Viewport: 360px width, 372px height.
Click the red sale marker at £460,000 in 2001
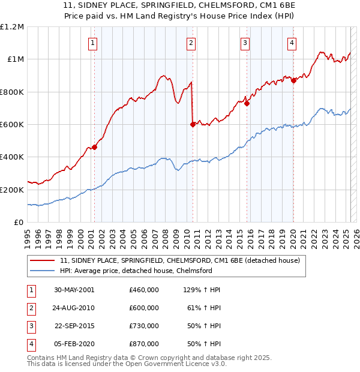[x=95, y=146]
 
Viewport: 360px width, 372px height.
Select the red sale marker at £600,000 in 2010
[x=193, y=124]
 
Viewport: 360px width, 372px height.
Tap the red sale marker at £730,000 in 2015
[x=247, y=103]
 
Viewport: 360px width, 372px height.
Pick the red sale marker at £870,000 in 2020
[x=293, y=80]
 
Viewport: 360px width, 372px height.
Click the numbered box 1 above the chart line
[x=94, y=42]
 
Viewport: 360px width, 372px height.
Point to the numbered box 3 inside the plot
[x=245, y=42]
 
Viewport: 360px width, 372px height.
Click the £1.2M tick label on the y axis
[x=12, y=27]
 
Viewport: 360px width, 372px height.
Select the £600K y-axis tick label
[x=12, y=124]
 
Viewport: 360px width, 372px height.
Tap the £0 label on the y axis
[x=19, y=222]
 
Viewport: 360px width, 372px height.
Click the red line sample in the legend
[x=43, y=260]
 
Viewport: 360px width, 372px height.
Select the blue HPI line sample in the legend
[x=43, y=271]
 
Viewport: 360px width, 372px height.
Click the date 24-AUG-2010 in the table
[x=74, y=308]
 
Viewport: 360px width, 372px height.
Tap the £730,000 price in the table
[x=144, y=326]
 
